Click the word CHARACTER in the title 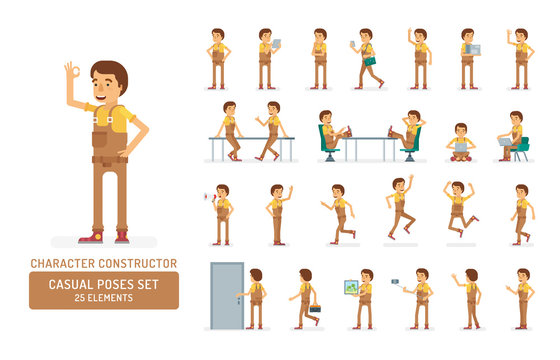click(61, 264)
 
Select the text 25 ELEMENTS click(104, 297)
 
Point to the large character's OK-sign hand click(71, 73)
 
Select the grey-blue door click(225, 294)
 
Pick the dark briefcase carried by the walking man click(315, 308)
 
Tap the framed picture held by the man click(351, 287)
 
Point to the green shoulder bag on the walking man click(369, 61)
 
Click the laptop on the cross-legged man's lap click(461, 146)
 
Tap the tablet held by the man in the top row click(276, 43)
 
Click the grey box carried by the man click(474, 49)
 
